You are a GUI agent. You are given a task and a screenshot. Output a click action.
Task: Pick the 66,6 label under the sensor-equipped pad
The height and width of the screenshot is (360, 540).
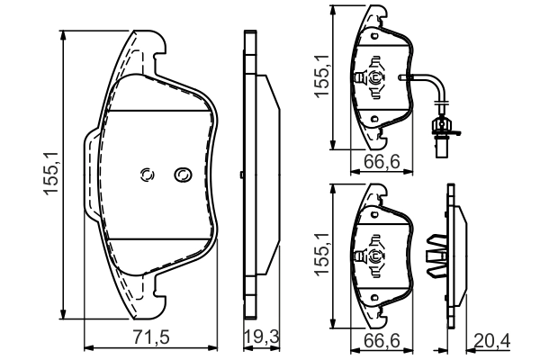pos(377,163)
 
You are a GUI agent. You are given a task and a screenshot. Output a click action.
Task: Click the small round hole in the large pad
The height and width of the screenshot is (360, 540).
pos(148,175)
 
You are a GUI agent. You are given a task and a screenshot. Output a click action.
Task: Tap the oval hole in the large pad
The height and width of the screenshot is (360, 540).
pos(183,174)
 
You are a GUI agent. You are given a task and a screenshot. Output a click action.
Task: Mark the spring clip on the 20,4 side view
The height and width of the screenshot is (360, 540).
pos(437,256)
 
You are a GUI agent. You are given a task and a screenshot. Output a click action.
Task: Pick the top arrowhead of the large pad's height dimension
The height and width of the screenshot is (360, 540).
pos(66,32)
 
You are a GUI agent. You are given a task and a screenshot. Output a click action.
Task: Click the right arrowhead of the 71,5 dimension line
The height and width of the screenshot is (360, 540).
pos(216,347)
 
